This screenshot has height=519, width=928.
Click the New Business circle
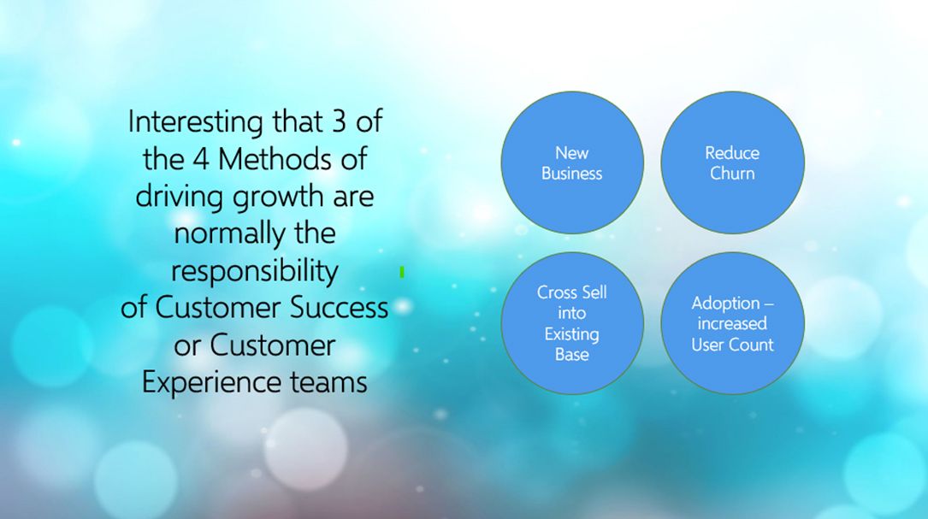coord(572,162)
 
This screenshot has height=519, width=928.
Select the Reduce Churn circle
coord(733,162)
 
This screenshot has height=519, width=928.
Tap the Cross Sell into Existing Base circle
coord(572,323)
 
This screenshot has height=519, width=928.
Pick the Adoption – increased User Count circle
coord(733,323)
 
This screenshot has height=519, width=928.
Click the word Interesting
coord(195,122)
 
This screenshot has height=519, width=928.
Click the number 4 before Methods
coord(201,159)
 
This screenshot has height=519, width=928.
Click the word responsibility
coord(255,272)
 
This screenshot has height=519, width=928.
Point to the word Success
coord(339,308)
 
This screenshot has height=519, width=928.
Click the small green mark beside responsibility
coord(402,272)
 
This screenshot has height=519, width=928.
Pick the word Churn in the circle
coord(732,174)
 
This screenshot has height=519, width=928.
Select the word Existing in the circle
coord(571,334)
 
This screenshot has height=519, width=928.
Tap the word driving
coord(180,197)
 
